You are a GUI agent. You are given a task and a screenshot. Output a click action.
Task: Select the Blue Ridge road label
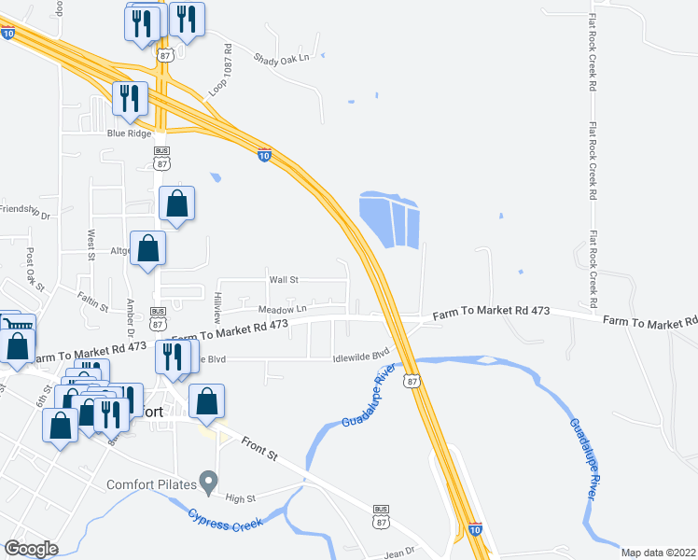coord(129,133)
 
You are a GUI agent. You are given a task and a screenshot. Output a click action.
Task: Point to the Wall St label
coord(283,279)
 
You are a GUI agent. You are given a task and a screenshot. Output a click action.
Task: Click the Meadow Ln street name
coord(282,309)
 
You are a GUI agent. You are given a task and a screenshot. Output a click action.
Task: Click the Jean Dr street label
coord(398,553)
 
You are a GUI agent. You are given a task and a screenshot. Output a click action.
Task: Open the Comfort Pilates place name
coord(150,483)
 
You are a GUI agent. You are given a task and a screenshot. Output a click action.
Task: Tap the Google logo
coord(31,549)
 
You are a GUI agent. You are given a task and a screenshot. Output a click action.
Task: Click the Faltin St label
coord(94,300)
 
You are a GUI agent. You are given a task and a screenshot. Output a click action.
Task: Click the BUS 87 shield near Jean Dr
coord(381,514)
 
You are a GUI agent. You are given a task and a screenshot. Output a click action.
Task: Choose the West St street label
coord(91,245)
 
